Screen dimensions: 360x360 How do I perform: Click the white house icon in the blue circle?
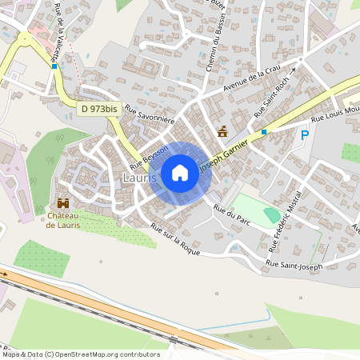[180, 173]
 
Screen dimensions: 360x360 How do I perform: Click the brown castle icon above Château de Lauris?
[62, 203]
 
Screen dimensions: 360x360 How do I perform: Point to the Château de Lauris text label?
[62, 220]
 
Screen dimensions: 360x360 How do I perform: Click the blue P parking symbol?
[305, 135]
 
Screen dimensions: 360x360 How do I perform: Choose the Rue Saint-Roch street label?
[274, 102]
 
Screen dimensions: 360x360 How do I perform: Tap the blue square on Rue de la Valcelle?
[54, 66]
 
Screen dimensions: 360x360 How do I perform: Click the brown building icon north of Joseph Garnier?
[222, 131]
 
